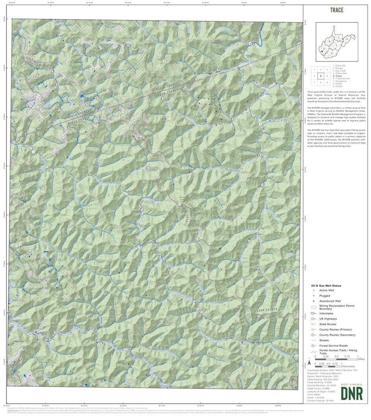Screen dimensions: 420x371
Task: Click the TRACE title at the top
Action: pos(336,10)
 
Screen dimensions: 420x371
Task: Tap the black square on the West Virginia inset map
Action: pos(321,51)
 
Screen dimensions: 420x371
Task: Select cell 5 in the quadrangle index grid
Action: pos(321,76)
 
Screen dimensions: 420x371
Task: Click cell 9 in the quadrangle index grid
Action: pos(327,82)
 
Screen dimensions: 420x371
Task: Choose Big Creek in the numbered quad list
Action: pos(340,71)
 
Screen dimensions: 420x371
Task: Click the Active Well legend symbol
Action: pos(314,290)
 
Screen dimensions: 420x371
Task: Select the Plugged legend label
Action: pos(325,295)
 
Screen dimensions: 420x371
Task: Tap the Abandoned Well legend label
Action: pos(330,301)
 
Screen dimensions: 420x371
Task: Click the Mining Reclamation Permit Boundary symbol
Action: pos(314,307)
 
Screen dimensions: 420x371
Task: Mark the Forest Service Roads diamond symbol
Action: pos(314,346)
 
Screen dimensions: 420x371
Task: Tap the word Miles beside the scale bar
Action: pos(361,359)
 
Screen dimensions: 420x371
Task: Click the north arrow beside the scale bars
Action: pos(309,362)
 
